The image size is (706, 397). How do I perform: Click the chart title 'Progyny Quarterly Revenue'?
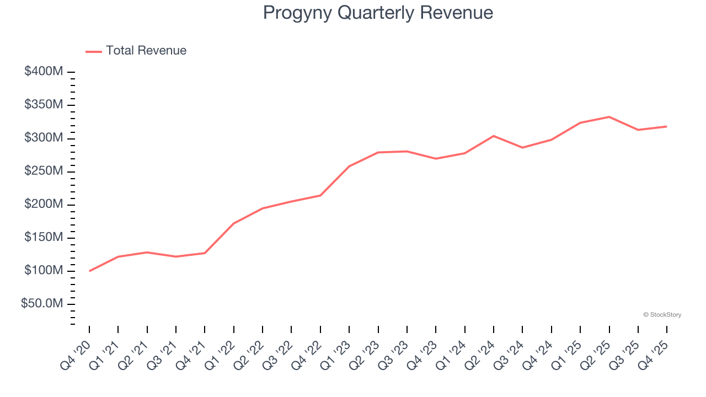pyautogui.click(x=378, y=13)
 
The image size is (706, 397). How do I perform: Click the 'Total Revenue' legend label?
pyautogui.click(x=146, y=51)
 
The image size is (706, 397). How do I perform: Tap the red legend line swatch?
pyautogui.click(x=94, y=51)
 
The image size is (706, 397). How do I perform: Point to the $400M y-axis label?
pyautogui.click(x=44, y=72)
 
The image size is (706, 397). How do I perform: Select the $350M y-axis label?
pyautogui.click(x=44, y=105)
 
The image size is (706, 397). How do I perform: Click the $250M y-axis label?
pyautogui.click(x=44, y=171)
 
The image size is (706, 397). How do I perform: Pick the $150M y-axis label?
pyautogui.click(x=44, y=238)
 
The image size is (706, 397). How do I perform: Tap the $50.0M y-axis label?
pyautogui.click(x=42, y=304)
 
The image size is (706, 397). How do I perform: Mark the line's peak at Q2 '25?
pyautogui.click(x=609, y=117)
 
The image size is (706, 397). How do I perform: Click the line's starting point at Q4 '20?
pyautogui.click(x=89, y=271)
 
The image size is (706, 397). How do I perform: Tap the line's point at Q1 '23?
pyautogui.click(x=349, y=166)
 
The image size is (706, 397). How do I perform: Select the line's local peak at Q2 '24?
pyautogui.click(x=493, y=136)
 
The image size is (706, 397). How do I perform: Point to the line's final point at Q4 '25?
pyautogui.click(x=666, y=126)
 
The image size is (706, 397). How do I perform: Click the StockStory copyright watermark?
pyautogui.click(x=662, y=315)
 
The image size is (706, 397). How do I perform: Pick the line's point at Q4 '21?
pyautogui.click(x=205, y=253)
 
